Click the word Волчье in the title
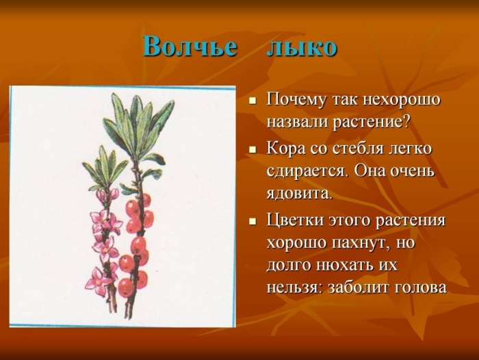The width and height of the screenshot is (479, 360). tap(190, 47)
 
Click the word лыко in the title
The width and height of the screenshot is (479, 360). tap(301, 47)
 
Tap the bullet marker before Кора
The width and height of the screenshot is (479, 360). tap(252, 149)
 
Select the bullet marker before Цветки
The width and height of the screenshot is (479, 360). tap(252, 221)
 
